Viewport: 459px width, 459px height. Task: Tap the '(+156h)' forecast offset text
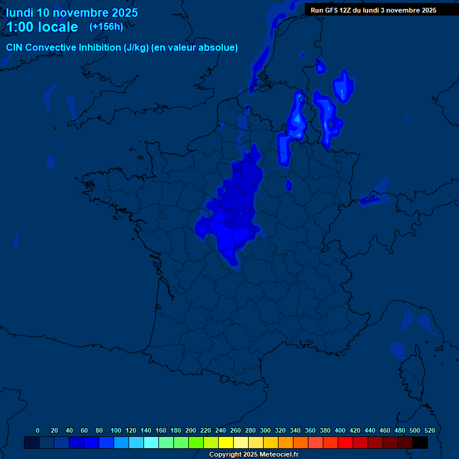(106, 26)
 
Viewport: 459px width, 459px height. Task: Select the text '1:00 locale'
(42, 27)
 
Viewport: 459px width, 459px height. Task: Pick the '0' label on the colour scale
(38, 430)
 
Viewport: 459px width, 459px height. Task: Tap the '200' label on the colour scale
(191, 430)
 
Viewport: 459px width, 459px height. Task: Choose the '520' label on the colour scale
(429, 430)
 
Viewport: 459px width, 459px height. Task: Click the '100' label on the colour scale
(116, 430)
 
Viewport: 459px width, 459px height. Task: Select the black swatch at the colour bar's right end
(420, 442)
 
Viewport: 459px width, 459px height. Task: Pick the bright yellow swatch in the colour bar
(226, 442)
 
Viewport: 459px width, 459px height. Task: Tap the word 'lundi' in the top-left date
(20, 13)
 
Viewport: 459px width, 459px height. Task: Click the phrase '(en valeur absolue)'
(195, 48)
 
